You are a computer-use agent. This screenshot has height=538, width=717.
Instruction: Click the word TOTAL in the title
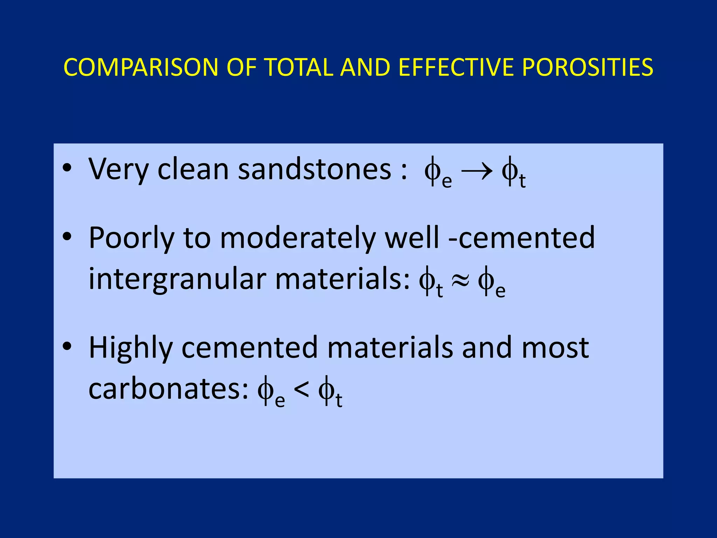click(x=299, y=67)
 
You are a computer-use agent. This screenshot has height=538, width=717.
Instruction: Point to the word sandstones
click(x=314, y=169)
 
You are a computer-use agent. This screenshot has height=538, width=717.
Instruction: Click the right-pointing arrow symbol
click(x=477, y=172)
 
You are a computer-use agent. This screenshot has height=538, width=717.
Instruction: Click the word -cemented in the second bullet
click(x=521, y=238)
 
